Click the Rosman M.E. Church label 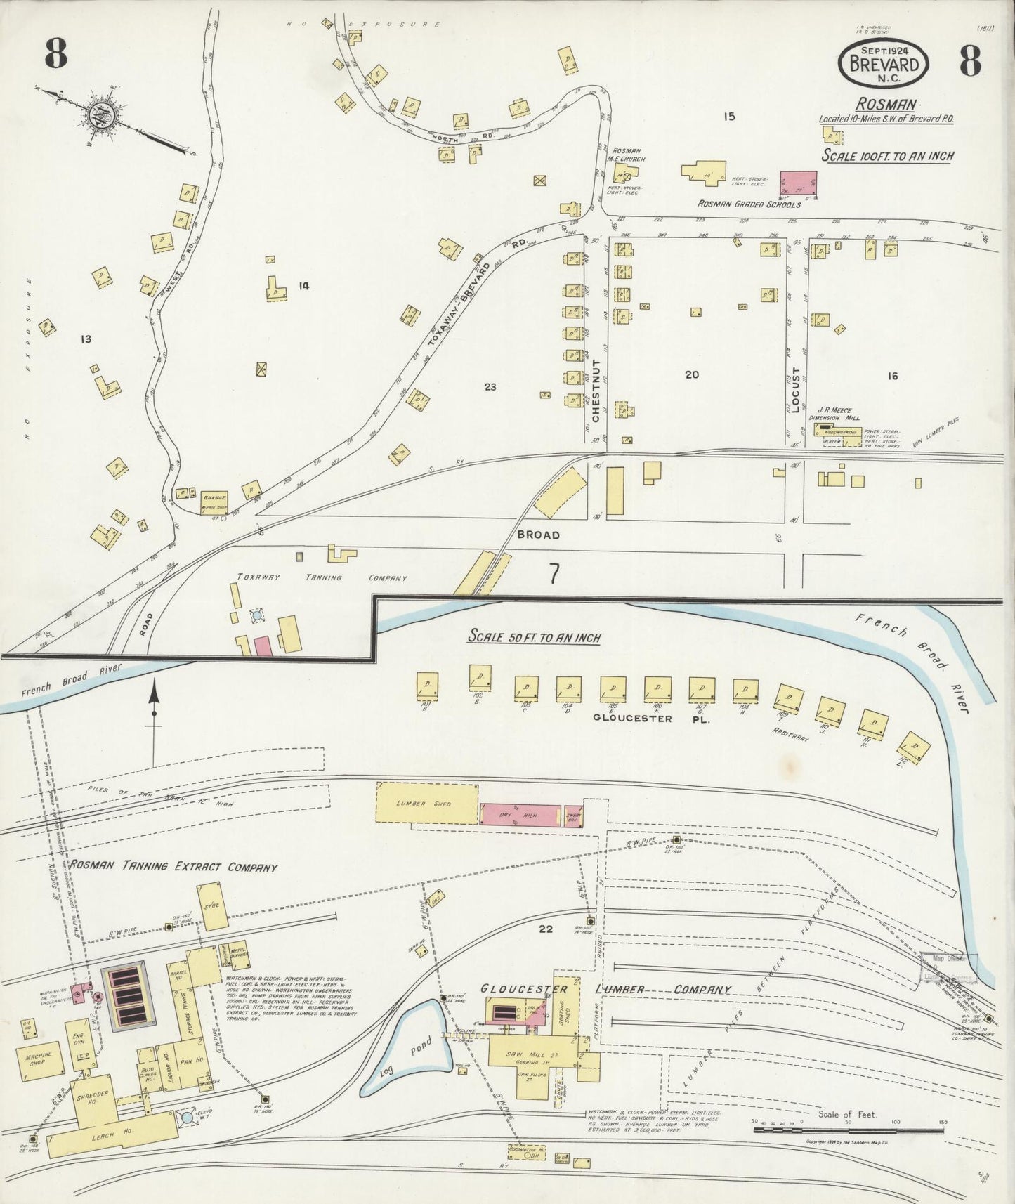629,154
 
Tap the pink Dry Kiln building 520,813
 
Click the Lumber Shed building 428,802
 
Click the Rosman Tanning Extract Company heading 173,867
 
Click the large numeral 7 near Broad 554,575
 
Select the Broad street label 538,535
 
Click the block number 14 303,285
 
